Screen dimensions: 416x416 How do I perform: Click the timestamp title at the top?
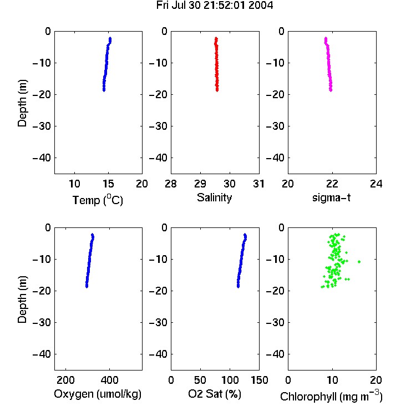[x=214, y=6]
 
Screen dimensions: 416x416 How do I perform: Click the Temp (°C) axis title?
[x=98, y=200]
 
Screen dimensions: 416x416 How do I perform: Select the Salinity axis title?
[x=214, y=197]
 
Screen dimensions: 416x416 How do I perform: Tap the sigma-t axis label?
[x=331, y=197]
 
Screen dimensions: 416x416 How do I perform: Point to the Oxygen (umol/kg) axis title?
[x=98, y=394]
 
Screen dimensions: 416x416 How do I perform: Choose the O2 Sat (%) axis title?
[x=215, y=394]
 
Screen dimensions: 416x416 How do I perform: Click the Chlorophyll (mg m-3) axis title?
[x=331, y=396]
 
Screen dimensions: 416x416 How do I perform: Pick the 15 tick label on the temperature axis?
[x=108, y=184]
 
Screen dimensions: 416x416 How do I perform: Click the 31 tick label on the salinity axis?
[x=258, y=184]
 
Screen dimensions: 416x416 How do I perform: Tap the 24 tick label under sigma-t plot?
[x=376, y=184]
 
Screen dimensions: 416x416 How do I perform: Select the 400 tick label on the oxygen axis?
[x=109, y=380]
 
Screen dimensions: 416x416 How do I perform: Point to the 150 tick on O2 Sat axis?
[x=259, y=380]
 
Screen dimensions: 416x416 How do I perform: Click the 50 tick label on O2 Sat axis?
[x=200, y=380]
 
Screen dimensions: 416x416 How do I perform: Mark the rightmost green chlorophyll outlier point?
[x=359, y=262]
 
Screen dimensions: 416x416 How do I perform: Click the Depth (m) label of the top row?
[x=22, y=103]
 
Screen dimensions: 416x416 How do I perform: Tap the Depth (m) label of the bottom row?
[x=22, y=300]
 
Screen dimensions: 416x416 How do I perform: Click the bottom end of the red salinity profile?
[x=217, y=90]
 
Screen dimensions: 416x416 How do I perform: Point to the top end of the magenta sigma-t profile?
[x=326, y=38]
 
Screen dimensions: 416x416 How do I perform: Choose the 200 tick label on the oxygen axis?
[x=65, y=380]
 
